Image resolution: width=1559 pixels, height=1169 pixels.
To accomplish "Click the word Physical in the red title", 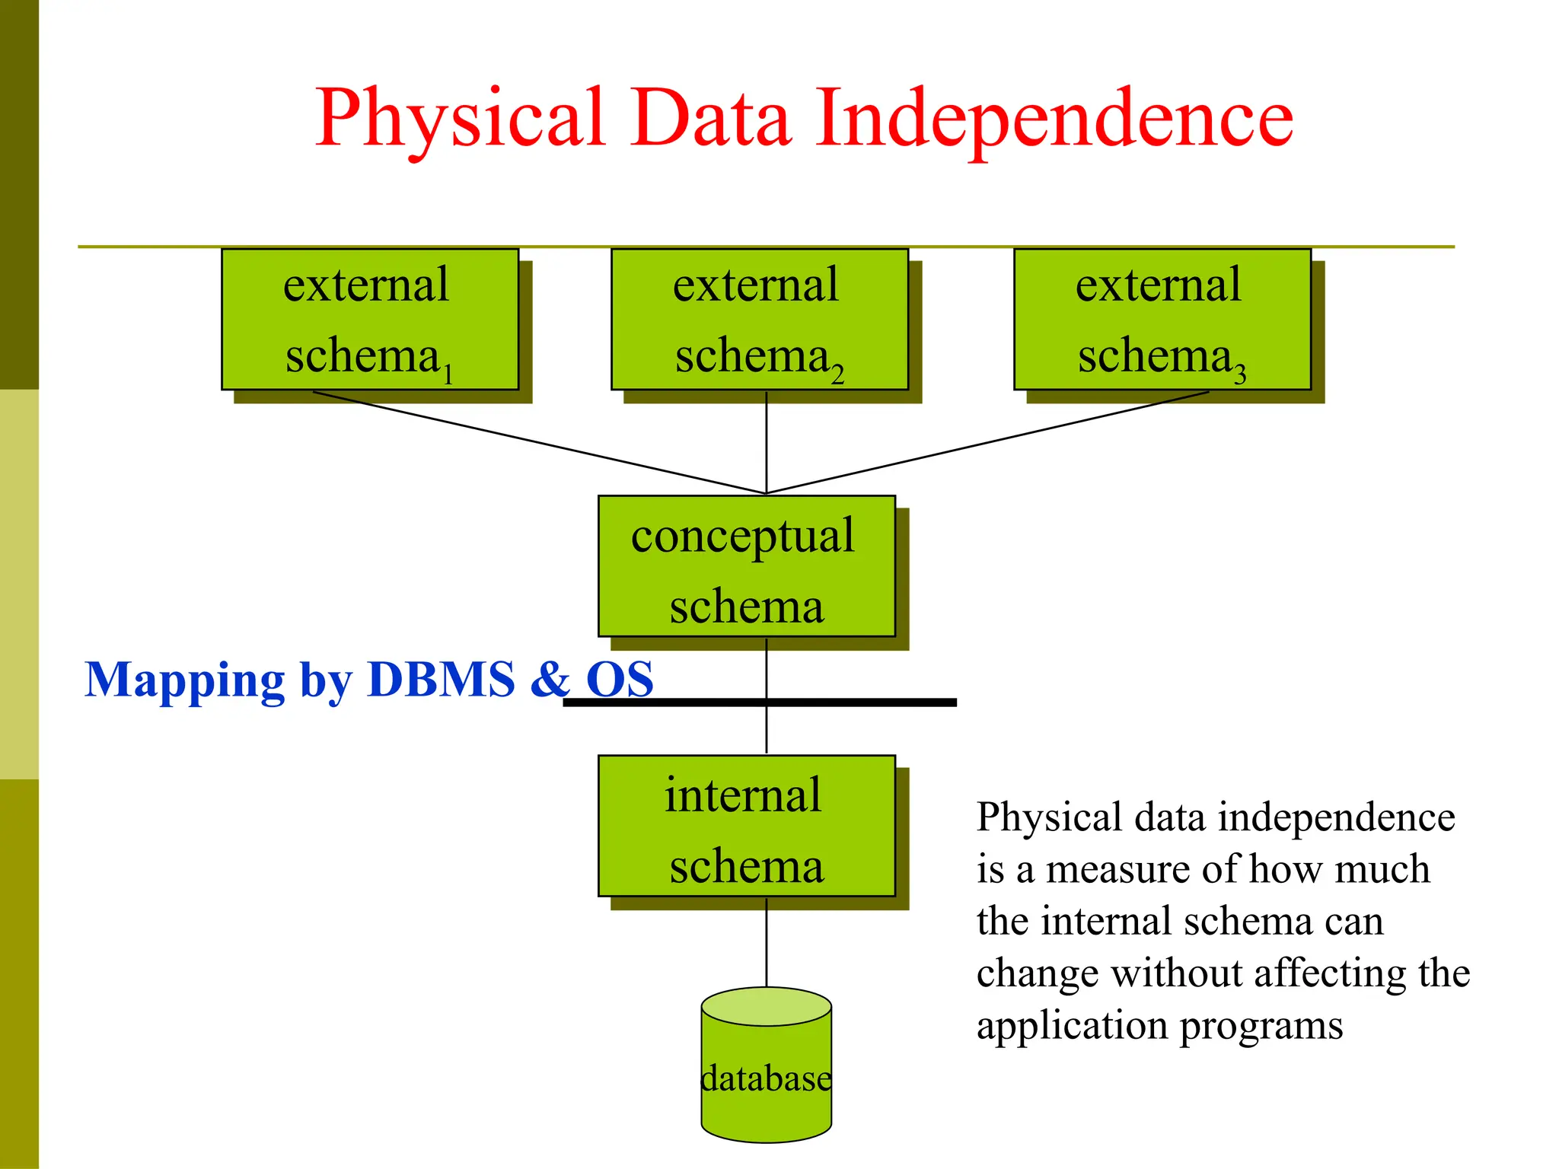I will [460, 119].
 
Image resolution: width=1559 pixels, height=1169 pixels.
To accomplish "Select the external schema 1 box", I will [370, 320].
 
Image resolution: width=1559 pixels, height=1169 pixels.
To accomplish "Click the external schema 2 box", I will [759, 320].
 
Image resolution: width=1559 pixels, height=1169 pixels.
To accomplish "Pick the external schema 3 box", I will [1162, 320].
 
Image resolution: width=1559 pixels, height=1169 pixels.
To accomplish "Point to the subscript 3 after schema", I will [1240, 374].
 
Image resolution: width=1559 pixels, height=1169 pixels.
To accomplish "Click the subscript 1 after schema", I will [448, 374].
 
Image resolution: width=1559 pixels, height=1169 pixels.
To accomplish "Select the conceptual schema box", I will [746, 566].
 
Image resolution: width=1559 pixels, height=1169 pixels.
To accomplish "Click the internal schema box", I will [746, 826].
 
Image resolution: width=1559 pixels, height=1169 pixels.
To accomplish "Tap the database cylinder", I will [766, 1081].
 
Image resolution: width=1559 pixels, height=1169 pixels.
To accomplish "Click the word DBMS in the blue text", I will [441, 679].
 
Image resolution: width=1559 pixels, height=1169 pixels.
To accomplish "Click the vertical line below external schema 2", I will [767, 441].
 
